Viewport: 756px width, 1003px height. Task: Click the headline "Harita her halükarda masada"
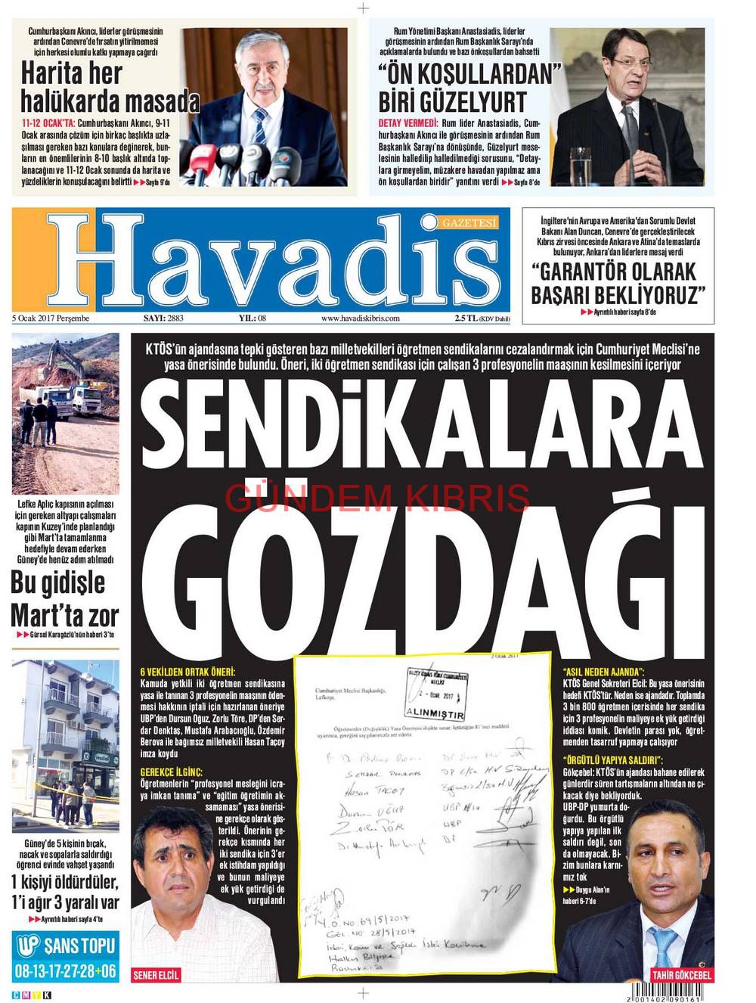pyautogui.click(x=109, y=87)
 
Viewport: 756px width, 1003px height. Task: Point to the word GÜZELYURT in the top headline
pyautogui.click(x=485, y=101)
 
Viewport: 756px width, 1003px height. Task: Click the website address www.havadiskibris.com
pyautogui.click(x=360, y=318)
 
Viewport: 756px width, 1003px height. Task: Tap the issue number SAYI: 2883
pyautogui.click(x=163, y=318)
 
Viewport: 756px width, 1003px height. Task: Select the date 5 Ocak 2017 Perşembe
pyautogui.click(x=51, y=318)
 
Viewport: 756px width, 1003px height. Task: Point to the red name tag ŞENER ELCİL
pyautogui.click(x=156, y=975)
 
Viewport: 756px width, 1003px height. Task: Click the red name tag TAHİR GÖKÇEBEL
pyautogui.click(x=681, y=975)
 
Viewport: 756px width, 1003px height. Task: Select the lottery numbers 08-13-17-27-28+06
pyautogui.click(x=66, y=970)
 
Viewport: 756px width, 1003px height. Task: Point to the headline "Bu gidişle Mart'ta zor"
pyautogui.click(x=65, y=598)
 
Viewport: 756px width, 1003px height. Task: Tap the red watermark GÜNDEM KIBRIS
pyautogui.click(x=377, y=497)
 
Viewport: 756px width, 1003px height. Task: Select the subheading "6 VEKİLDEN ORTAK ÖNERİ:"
pyautogui.click(x=187, y=672)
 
